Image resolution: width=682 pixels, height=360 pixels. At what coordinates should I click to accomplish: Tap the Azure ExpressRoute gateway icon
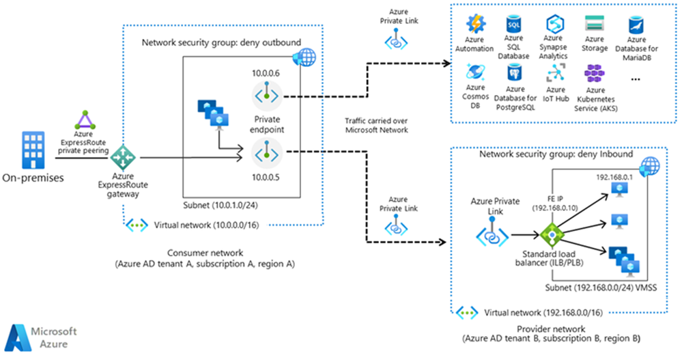tap(124, 158)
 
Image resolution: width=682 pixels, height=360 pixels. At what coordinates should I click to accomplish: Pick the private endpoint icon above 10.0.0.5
tap(262, 150)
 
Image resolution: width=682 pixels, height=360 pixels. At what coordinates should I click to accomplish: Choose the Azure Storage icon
tap(595, 24)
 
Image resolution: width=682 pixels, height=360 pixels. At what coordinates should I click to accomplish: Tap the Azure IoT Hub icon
tap(555, 74)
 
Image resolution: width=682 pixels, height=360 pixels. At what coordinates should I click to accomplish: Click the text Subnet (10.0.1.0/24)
tap(221, 204)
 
